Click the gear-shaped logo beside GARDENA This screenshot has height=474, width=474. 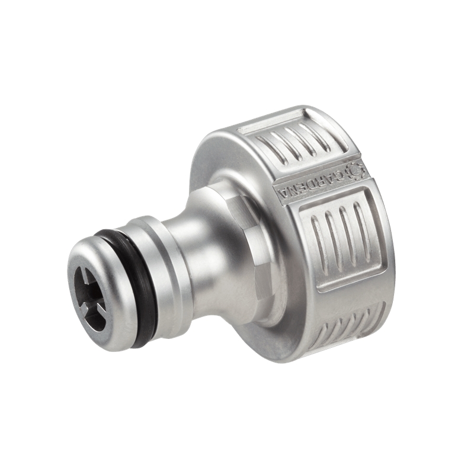[x=357, y=170]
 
